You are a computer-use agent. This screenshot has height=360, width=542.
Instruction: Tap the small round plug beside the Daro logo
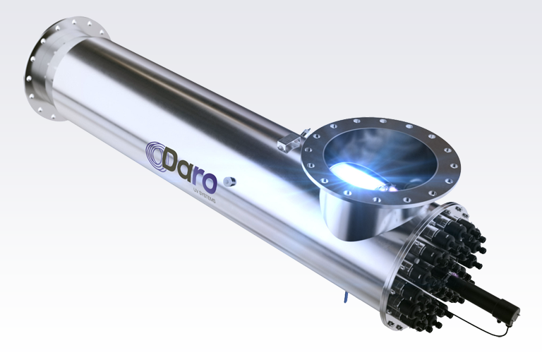pyautogui.click(x=228, y=181)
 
